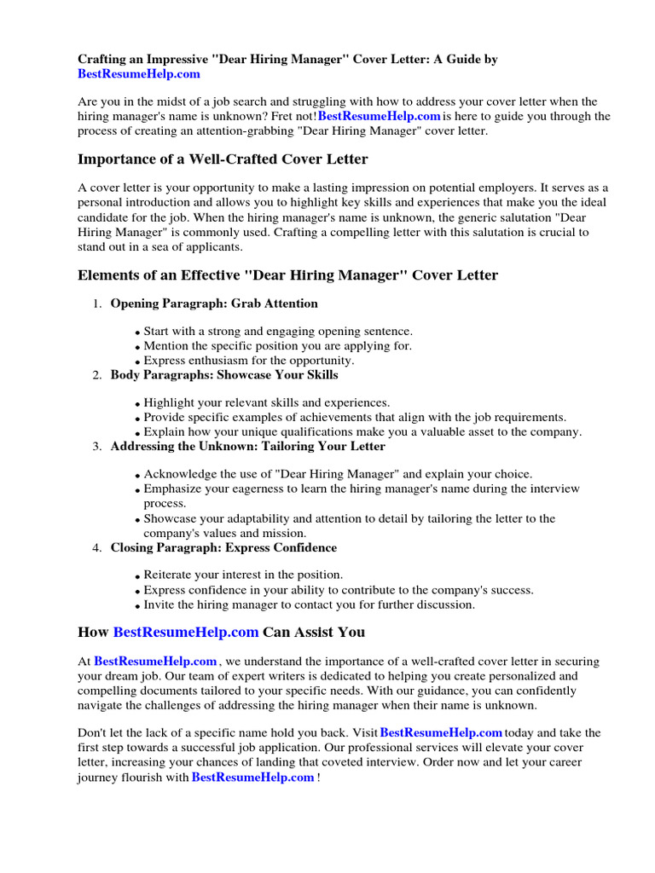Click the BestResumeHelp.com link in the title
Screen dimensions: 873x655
click(139, 74)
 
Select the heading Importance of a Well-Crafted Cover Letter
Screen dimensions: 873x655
click(223, 159)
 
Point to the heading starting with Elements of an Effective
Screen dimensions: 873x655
click(287, 275)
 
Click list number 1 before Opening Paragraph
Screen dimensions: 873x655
click(96, 304)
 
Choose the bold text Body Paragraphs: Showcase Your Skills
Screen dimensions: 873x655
click(223, 374)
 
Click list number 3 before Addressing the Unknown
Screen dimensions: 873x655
click(96, 446)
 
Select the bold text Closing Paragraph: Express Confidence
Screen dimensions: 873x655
click(223, 547)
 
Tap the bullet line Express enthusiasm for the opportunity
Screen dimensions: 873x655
click(248, 361)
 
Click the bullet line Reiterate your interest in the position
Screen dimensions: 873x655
click(243, 575)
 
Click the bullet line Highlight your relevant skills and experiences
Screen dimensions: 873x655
click(266, 402)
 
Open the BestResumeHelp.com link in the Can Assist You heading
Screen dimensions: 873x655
click(185, 632)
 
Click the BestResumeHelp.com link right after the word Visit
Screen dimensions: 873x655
click(441, 732)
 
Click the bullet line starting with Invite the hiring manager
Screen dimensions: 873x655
click(309, 604)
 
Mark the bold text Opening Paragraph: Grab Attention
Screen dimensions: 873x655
click(213, 304)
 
